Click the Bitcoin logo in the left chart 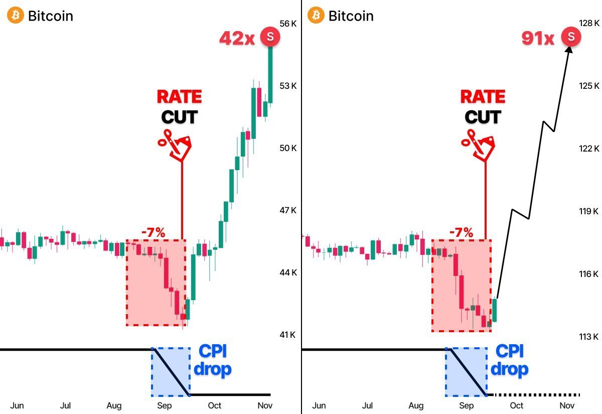point(15,16)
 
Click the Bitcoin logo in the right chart point(316,16)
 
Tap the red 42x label point(237,38)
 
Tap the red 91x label point(538,38)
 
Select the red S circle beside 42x point(271,36)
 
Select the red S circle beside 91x point(571,36)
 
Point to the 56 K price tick point(288,23)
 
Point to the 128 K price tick point(589,23)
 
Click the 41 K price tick point(288,335)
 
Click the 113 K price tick point(589,336)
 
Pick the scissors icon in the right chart point(478,145)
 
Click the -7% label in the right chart point(461,232)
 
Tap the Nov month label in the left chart point(264,405)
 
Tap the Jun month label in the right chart point(319,405)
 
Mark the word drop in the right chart point(509,369)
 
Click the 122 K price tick point(589,149)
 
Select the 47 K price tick point(288,210)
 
